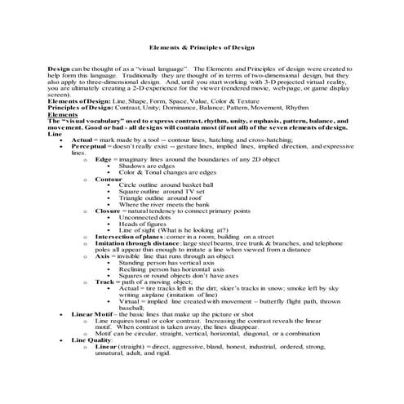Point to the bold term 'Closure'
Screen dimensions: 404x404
coord(108,210)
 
